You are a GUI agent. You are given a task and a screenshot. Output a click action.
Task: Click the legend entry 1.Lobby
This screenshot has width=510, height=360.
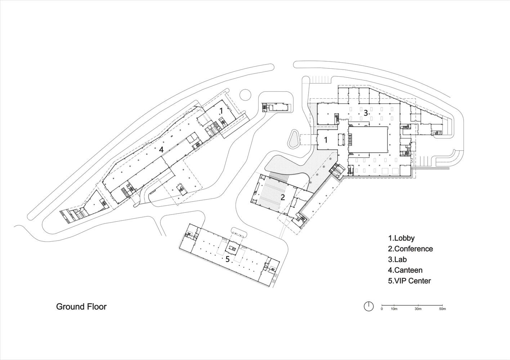[x=401, y=238]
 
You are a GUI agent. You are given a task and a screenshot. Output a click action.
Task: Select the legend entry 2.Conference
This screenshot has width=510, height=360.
[x=410, y=249]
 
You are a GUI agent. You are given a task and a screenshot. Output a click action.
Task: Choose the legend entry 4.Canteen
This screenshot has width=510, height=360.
[x=405, y=270]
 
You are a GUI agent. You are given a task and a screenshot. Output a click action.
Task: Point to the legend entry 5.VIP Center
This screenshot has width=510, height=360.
[x=409, y=281]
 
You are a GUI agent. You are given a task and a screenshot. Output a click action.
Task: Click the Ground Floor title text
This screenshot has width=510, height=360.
[x=81, y=307]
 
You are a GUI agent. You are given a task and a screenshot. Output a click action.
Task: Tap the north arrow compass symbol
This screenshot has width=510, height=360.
[x=368, y=306]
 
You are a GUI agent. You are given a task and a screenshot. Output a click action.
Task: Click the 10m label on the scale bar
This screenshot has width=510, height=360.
[x=394, y=309]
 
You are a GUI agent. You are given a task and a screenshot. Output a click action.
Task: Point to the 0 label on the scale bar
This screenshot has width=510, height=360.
[x=382, y=309]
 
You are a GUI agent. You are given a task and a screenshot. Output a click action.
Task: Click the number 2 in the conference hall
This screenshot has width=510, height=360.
[x=283, y=197]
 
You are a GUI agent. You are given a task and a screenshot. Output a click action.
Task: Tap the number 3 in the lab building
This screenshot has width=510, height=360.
[x=365, y=113]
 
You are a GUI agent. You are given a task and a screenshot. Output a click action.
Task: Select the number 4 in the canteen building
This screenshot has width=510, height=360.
[x=162, y=149]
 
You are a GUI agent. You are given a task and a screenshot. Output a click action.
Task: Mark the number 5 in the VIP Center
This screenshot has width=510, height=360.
[x=227, y=259]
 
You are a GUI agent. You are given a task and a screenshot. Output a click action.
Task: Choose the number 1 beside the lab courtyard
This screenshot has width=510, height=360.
[x=326, y=140]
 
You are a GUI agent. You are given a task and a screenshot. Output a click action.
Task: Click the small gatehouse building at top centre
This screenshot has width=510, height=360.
[x=276, y=107]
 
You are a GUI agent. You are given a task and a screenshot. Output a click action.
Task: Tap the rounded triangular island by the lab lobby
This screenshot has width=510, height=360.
[x=293, y=139]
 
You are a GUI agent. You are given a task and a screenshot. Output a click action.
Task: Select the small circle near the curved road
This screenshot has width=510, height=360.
[x=245, y=95]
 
